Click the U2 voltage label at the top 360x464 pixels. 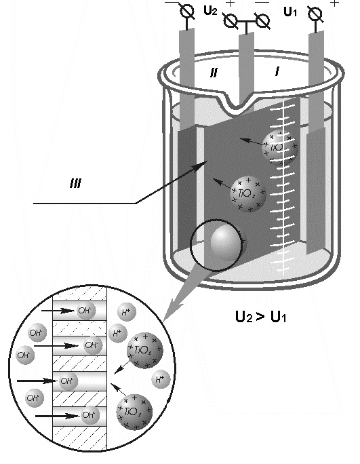(x=210, y=11)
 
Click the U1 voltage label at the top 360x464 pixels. (x=290, y=12)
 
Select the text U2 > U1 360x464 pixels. (x=260, y=317)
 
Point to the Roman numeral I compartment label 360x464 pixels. (x=277, y=71)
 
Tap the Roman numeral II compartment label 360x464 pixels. (x=214, y=72)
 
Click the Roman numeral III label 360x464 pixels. (x=75, y=184)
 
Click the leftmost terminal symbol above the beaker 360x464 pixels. (x=187, y=12)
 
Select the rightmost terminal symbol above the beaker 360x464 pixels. (x=315, y=14)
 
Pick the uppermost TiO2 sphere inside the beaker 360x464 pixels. (x=279, y=147)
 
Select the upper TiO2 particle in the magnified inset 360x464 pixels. (x=145, y=350)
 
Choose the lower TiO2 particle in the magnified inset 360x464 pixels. (x=135, y=412)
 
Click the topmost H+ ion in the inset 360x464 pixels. (x=126, y=312)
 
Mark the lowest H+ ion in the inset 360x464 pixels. (x=161, y=379)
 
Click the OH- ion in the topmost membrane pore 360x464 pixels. (x=86, y=311)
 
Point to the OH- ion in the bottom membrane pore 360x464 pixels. (x=89, y=415)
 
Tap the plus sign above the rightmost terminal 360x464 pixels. (x=334, y=3)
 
